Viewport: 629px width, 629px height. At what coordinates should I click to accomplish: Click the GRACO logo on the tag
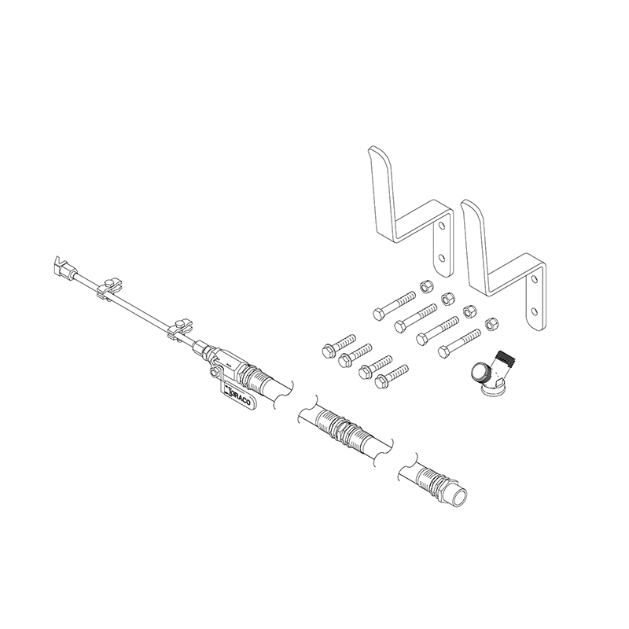pyautogui.click(x=236, y=398)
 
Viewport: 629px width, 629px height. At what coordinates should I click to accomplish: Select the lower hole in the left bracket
pyautogui.click(x=442, y=256)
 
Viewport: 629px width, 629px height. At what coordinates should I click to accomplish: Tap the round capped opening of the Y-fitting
pyautogui.click(x=479, y=372)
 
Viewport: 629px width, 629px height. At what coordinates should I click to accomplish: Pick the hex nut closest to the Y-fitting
pyautogui.click(x=491, y=322)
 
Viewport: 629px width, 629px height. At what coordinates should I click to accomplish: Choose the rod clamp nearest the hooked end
pyautogui.click(x=109, y=288)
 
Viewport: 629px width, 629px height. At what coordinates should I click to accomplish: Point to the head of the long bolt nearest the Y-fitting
pyautogui.click(x=444, y=349)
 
